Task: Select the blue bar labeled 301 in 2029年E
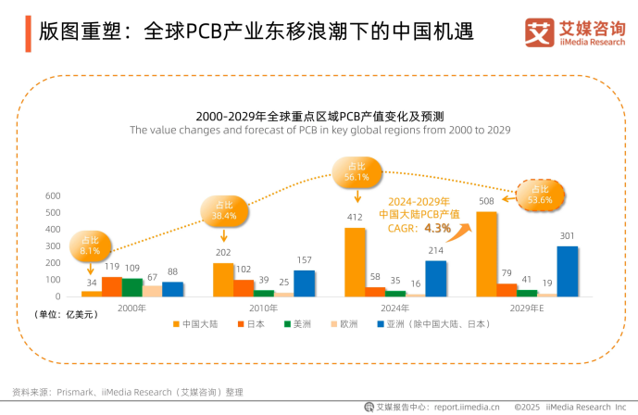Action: tap(568, 270)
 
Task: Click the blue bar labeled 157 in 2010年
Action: tap(304, 283)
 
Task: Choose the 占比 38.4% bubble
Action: tap(224, 210)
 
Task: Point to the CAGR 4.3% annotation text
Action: tap(427, 227)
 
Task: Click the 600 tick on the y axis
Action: tap(53, 195)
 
